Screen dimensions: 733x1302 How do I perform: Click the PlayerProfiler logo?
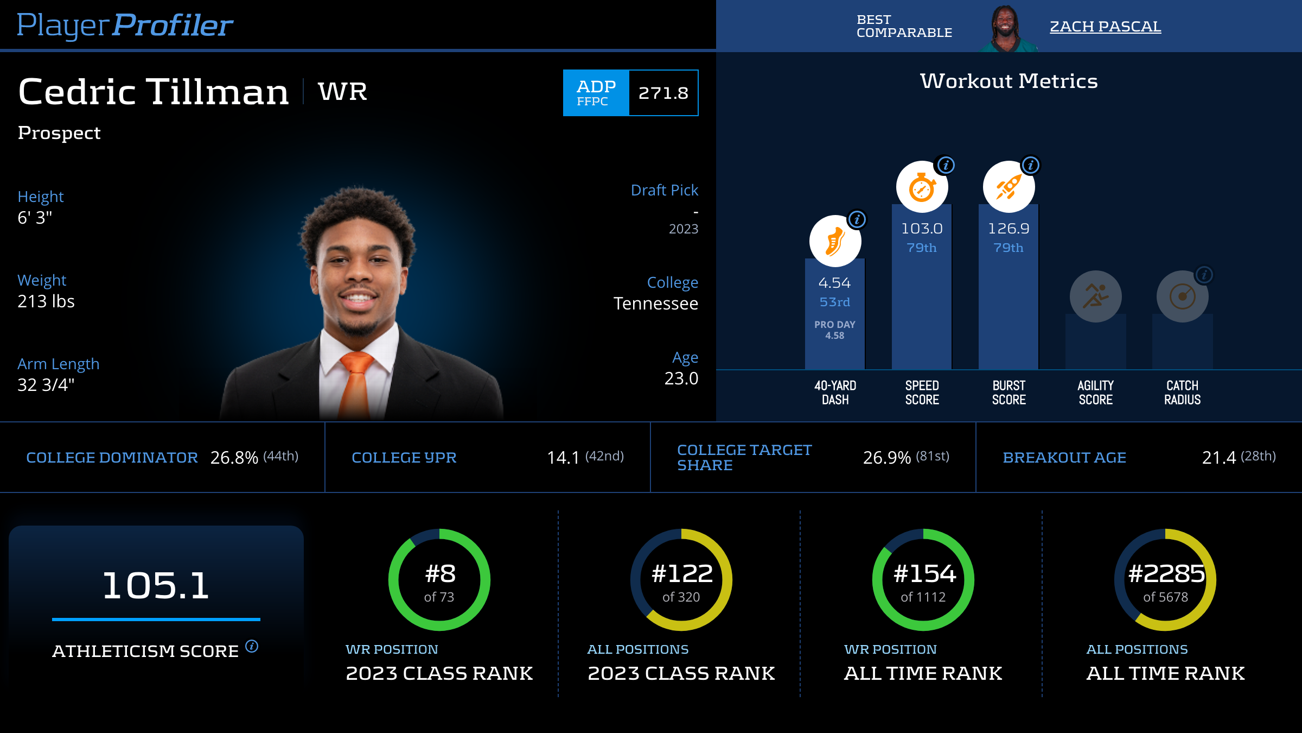point(125,25)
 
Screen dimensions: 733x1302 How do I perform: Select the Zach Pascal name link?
point(1105,26)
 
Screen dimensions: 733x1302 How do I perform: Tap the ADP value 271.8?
point(663,93)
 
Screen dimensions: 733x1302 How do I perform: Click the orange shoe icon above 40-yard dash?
point(835,241)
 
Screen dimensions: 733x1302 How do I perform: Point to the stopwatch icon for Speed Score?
point(922,187)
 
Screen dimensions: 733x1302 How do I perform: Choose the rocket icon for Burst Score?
point(1009,187)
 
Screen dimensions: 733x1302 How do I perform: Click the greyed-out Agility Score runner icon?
point(1095,296)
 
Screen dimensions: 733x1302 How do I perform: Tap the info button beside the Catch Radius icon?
point(1204,275)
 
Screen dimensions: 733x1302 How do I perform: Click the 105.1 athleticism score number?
point(156,585)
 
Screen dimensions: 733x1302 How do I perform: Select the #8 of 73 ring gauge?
point(439,580)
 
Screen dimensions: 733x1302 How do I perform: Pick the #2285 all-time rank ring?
point(1165,580)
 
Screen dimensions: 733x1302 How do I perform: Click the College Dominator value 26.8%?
point(234,458)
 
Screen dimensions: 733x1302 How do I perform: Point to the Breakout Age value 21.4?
point(1219,458)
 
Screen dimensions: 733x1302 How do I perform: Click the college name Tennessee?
point(655,304)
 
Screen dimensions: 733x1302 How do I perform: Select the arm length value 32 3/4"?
point(46,385)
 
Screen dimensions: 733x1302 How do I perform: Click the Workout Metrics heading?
point(1009,81)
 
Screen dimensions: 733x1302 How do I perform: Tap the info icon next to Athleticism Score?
point(252,646)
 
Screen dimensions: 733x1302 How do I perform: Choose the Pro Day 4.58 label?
point(834,330)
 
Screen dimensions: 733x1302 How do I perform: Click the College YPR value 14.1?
point(563,458)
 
